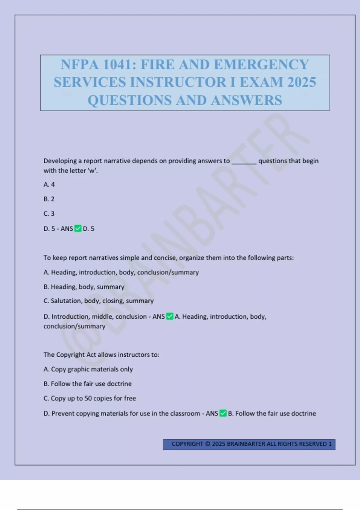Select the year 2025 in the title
(x=301, y=82)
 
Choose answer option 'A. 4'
(x=49, y=184)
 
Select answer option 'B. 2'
(x=49, y=199)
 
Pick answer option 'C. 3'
(x=49, y=214)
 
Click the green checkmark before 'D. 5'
(x=78, y=229)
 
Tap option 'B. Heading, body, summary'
(x=84, y=287)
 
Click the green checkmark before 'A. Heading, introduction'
(x=170, y=316)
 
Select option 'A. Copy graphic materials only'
(x=88, y=369)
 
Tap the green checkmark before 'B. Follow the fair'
(x=223, y=413)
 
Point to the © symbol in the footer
(x=208, y=444)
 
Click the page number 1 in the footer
(x=330, y=444)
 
